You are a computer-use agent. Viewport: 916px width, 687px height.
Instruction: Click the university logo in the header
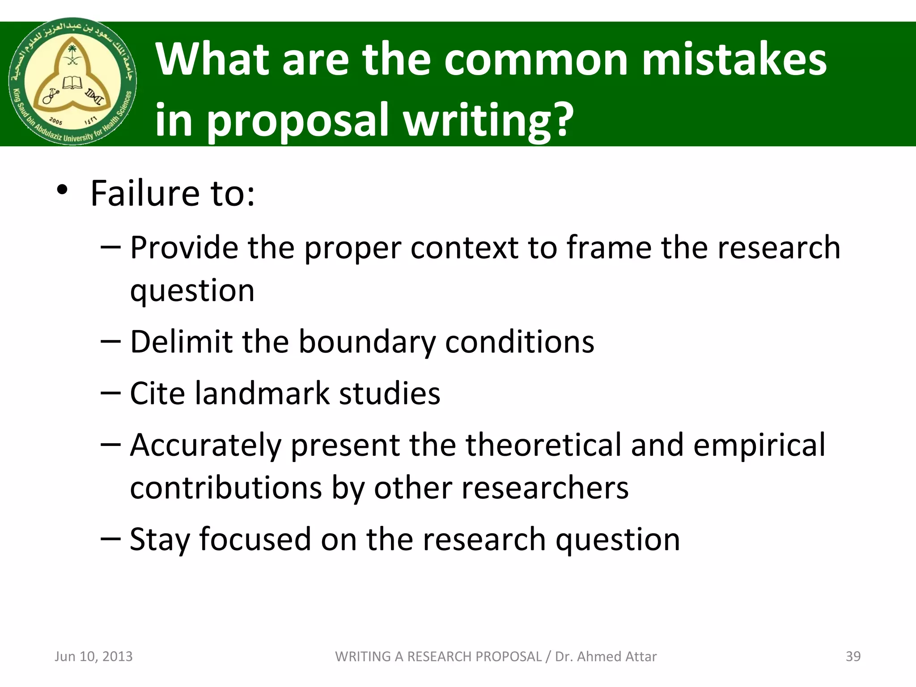tap(73, 82)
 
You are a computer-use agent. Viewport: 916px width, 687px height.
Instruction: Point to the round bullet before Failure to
tap(62, 191)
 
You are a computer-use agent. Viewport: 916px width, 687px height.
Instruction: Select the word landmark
tap(262, 394)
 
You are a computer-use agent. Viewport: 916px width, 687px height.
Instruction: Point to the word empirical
tap(759, 445)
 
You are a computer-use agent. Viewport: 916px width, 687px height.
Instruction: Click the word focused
tap(255, 539)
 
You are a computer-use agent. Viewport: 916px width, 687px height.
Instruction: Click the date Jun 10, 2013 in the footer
tap(93, 656)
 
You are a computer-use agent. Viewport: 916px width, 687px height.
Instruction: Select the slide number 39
tap(853, 656)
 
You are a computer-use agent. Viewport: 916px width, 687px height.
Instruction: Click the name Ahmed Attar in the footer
tap(617, 656)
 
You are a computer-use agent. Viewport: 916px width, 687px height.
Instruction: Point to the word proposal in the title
tap(297, 120)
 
